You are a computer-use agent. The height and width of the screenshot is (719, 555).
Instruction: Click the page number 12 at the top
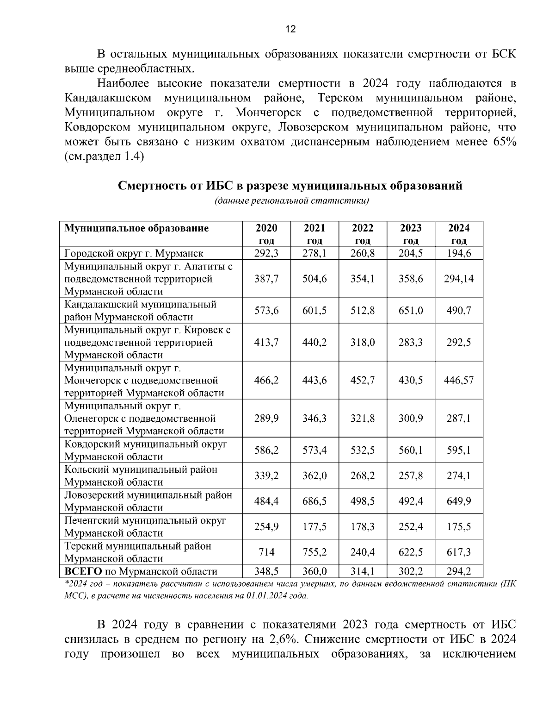click(x=290, y=29)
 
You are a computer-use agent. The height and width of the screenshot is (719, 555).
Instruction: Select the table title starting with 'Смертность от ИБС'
click(x=290, y=186)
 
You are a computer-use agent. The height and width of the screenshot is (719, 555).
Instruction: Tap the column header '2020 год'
click(x=266, y=234)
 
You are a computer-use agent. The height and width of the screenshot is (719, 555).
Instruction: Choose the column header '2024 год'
click(x=459, y=234)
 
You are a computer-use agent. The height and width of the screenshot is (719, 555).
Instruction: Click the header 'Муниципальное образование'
click(x=136, y=228)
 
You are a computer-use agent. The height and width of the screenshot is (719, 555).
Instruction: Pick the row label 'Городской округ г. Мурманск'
click(x=134, y=253)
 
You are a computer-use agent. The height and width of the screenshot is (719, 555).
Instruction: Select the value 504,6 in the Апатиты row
click(x=314, y=279)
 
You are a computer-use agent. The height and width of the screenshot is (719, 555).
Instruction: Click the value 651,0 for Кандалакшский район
click(x=411, y=311)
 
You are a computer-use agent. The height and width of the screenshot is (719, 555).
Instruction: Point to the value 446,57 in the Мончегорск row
click(x=459, y=381)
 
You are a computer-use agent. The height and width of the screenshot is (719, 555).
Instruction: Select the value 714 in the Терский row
click(x=266, y=552)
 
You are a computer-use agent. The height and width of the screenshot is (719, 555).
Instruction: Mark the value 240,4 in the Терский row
click(x=363, y=552)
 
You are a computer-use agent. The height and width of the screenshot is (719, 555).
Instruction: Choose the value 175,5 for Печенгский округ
click(x=459, y=527)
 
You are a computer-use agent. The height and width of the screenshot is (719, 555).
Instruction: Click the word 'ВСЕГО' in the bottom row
click(x=83, y=571)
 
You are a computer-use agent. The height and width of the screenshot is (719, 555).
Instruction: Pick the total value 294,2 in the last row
click(x=459, y=571)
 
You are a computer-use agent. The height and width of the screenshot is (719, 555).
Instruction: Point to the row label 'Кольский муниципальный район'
click(x=141, y=469)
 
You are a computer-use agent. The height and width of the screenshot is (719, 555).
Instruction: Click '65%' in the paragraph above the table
click(x=504, y=142)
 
